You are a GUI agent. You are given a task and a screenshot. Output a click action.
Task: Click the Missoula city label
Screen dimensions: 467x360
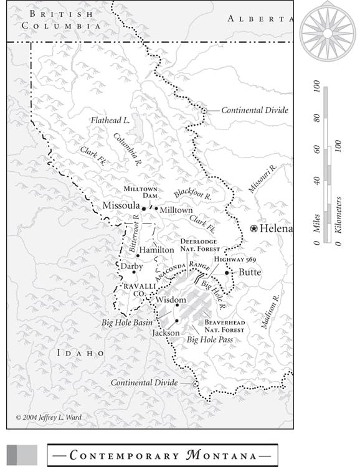click(x=121, y=206)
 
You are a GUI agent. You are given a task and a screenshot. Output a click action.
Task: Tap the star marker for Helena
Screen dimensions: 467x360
click(x=253, y=229)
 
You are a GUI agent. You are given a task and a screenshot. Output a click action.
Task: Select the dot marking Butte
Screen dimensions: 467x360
click(x=227, y=273)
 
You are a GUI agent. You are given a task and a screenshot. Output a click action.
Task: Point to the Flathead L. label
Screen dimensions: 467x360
click(x=110, y=120)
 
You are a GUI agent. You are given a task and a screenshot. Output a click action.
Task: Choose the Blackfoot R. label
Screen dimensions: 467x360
click(x=193, y=194)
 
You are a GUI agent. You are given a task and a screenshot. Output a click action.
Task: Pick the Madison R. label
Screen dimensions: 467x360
click(x=272, y=311)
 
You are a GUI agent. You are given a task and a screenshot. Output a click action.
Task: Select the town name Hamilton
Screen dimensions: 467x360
click(x=156, y=249)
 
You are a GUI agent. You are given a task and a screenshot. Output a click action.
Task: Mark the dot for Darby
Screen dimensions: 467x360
click(x=133, y=272)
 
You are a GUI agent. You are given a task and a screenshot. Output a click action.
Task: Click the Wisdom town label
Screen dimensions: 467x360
click(x=171, y=300)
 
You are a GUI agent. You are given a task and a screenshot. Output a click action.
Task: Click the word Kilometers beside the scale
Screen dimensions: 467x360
click(x=338, y=215)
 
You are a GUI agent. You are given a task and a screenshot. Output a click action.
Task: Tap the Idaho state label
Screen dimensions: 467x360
click(x=80, y=353)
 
